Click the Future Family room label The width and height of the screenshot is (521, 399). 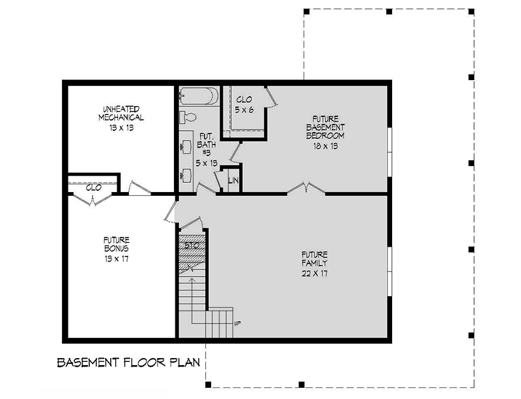pos(314,258)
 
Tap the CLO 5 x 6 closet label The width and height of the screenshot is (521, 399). pos(244,104)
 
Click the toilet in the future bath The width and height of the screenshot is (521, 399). pos(187,117)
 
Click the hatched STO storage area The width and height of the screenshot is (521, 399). pos(192,251)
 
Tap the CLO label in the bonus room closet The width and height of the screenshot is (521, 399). pos(93,187)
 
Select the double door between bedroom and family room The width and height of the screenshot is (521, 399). pos(306,189)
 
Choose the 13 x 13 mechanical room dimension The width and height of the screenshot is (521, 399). pos(121,129)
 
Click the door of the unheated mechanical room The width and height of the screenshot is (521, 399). pos(138,188)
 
